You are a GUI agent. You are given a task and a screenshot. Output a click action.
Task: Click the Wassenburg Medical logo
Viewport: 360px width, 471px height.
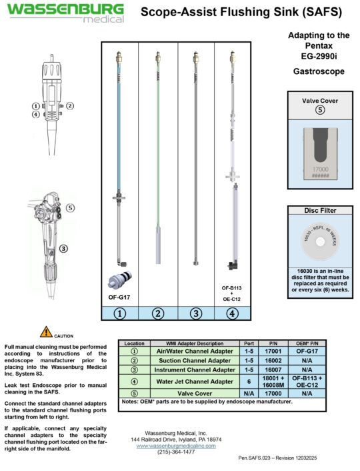65,13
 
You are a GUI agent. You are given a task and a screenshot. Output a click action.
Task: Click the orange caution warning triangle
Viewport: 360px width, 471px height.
45,332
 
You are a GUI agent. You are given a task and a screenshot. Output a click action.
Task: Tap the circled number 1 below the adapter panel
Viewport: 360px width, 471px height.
120,312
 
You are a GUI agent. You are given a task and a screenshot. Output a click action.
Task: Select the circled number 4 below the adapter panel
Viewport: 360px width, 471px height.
232,312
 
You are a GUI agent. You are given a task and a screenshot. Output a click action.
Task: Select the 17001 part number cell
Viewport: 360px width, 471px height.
272,351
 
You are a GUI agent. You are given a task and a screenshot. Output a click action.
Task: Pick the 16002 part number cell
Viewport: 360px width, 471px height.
272,360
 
